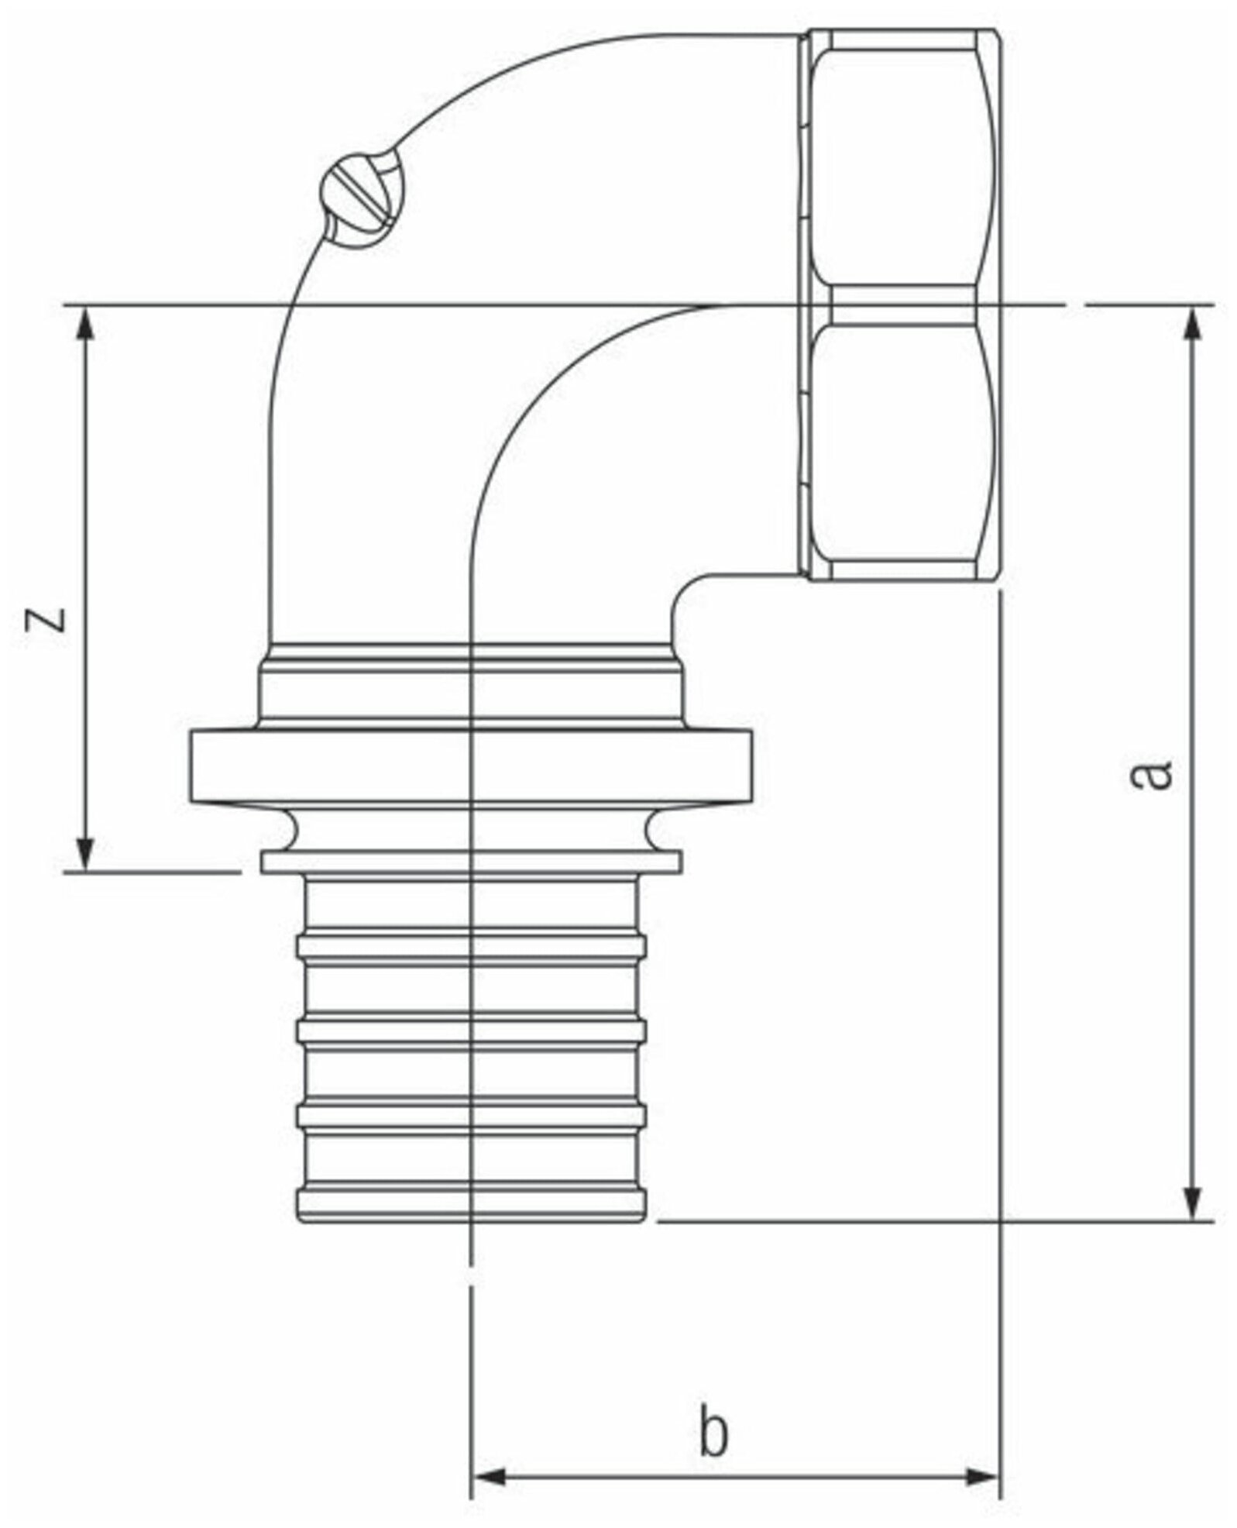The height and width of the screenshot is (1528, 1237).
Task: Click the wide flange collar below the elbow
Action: (x=472, y=767)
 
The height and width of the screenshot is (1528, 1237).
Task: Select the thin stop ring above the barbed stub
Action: (x=472, y=862)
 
